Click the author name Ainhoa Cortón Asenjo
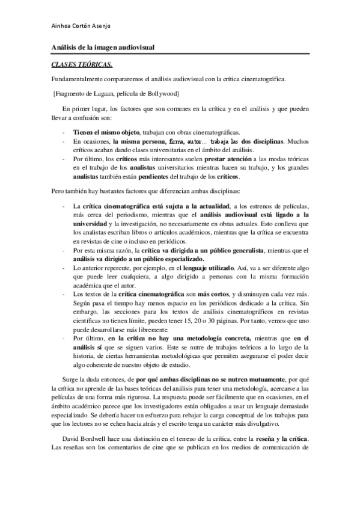tap(82, 26)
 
